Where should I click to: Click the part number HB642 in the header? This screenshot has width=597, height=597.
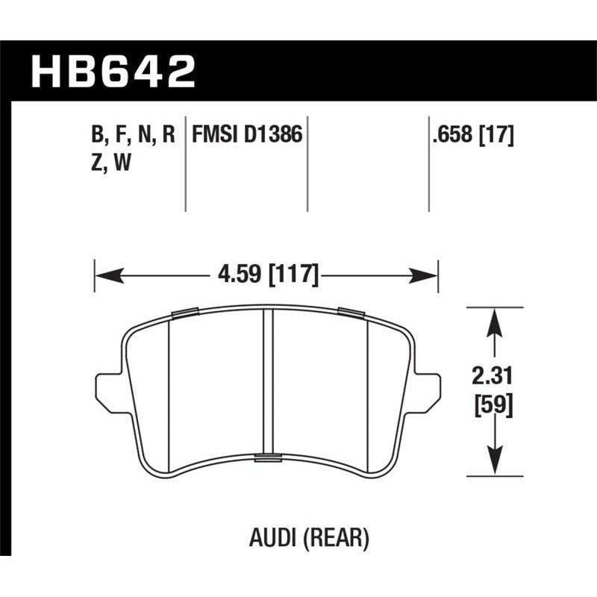pyautogui.click(x=113, y=72)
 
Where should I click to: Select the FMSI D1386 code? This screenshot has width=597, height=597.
pyautogui.click(x=248, y=135)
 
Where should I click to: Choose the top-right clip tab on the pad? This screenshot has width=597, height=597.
pyautogui.click(x=349, y=311)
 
